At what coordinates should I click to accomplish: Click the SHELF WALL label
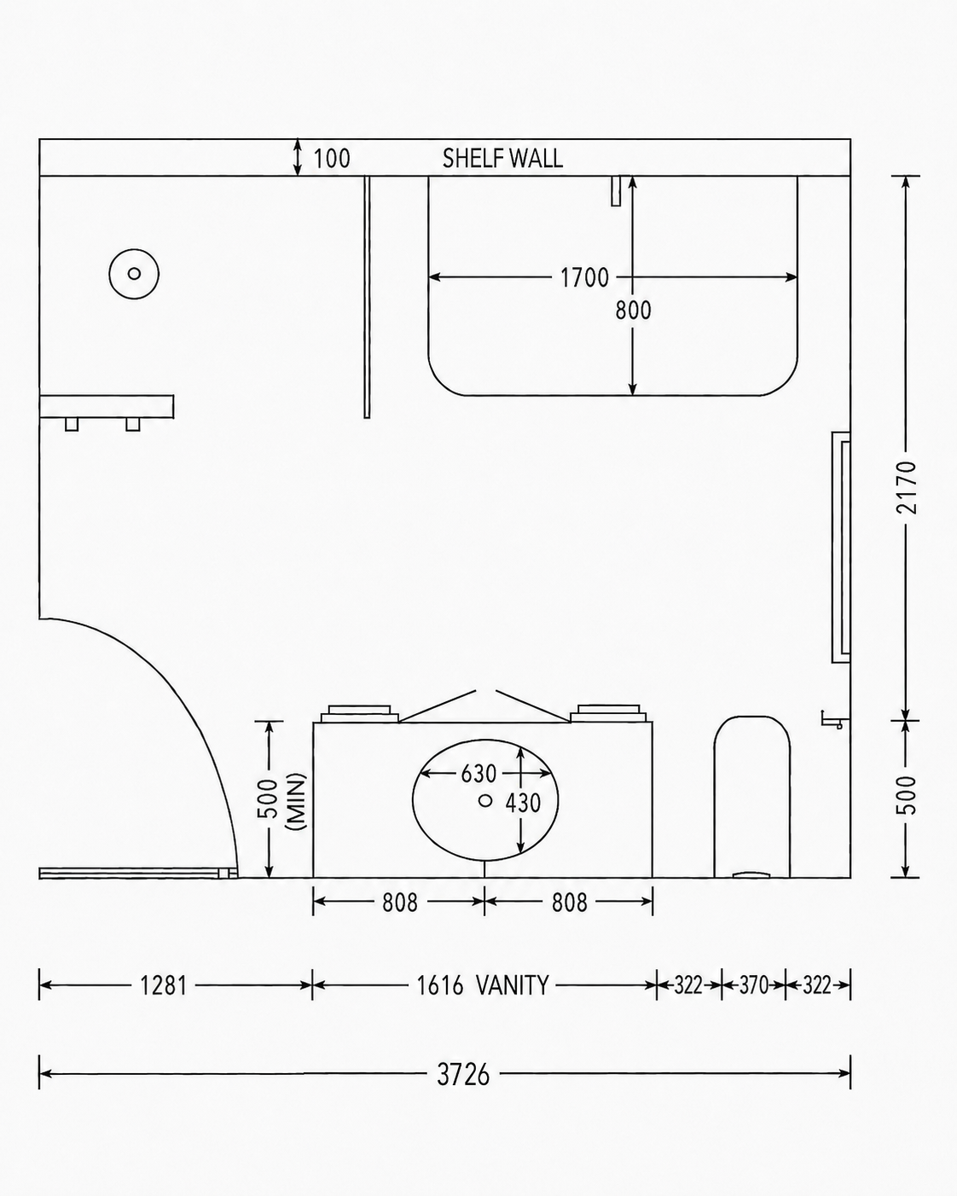point(502,159)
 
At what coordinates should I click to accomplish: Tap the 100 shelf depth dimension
point(332,159)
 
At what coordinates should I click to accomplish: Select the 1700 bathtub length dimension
point(584,277)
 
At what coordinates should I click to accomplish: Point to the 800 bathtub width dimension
point(633,311)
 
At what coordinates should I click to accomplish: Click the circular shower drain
point(134,274)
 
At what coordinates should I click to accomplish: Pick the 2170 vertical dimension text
point(907,487)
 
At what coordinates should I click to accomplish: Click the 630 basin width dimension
point(478,773)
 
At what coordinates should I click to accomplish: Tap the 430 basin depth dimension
point(523,803)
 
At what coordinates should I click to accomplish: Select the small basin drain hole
point(485,800)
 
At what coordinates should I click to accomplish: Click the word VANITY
point(513,985)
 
